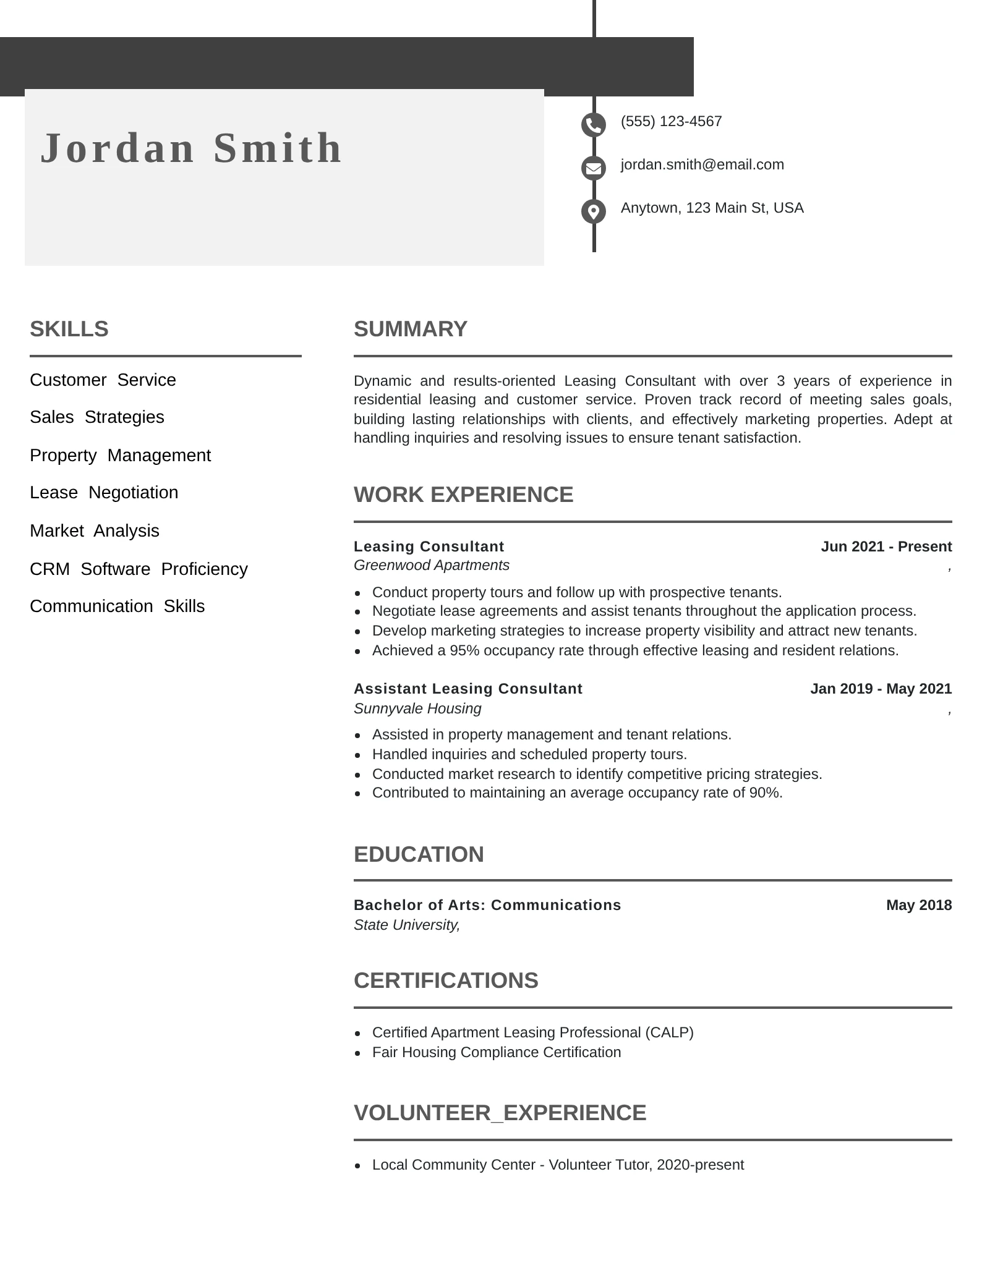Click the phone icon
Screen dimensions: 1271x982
(593, 125)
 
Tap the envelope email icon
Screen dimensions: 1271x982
(593, 168)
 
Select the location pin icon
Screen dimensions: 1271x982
(593, 211)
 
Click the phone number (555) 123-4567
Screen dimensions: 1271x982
(671, 121)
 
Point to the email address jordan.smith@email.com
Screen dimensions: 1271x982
(702, 164)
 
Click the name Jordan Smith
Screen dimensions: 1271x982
(191, 148)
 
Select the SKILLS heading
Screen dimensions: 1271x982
(69, 329)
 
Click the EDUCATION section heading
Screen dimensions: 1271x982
(419, 854)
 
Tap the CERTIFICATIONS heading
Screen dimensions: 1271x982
(446, 980)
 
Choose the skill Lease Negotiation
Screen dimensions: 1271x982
(104, 493)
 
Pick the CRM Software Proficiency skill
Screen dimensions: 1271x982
(139, 569)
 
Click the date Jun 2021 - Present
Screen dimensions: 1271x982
(886, 546)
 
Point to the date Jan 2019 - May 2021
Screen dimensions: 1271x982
(881, 689)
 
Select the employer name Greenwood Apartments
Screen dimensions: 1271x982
(432, 565)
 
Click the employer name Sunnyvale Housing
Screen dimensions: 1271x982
(417, 708)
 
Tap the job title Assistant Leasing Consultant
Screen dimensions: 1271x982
(468, 689)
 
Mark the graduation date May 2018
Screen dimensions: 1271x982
(918, 905)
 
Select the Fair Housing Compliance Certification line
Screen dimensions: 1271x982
(497, 1052)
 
